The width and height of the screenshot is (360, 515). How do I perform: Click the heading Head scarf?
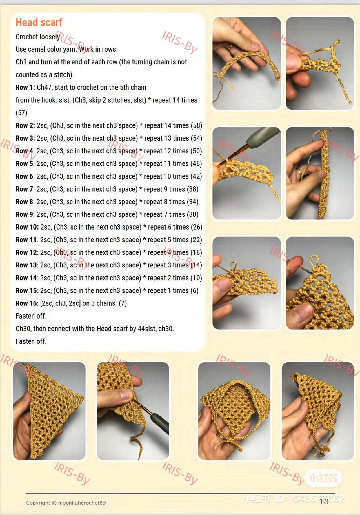39,22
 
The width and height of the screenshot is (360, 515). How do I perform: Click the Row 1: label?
26,87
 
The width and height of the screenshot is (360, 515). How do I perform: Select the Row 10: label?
27,227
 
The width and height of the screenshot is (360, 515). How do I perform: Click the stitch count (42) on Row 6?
196,176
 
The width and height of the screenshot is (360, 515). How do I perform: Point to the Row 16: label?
27,303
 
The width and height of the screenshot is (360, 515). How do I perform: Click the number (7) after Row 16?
123,303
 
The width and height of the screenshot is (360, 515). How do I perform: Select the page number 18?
324,501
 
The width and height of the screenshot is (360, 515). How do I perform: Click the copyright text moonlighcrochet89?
82,503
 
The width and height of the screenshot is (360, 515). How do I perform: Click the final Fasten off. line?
31,341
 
